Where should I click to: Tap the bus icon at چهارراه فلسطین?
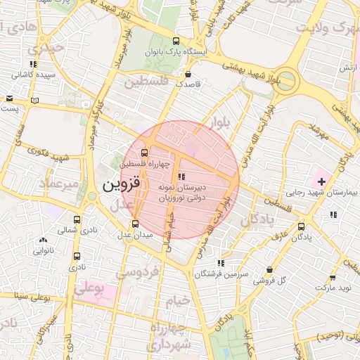tap(144, 153)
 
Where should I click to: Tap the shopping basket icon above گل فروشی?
tap(269, 269)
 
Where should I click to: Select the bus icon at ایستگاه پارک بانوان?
tap(176, 41)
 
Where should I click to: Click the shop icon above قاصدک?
tap(188, 73)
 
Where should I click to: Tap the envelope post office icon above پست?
tap(9, 99)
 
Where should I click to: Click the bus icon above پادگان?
tap(302, 226)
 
